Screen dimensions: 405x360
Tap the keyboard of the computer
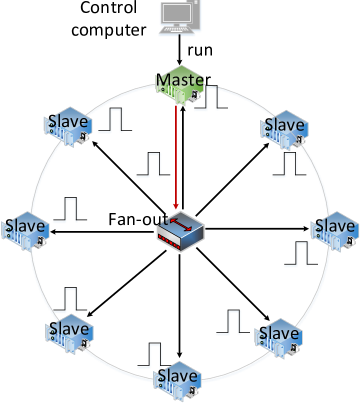(180, 32)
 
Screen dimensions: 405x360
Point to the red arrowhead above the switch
(176, 207)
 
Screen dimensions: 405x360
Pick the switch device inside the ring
(181, 232)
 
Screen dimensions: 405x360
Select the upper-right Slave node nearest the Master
(283, 127)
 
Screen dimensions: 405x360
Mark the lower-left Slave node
(70, 331)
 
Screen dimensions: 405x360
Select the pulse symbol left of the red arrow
(149, 165)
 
